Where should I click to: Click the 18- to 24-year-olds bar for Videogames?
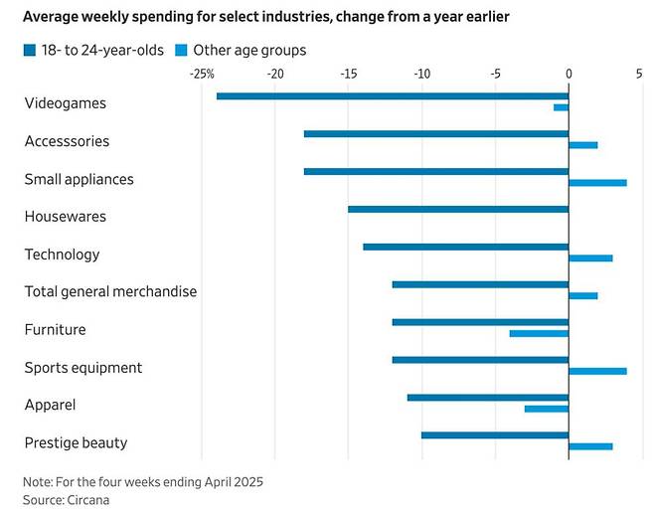pos(392,96)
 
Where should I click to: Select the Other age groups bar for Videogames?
pos(562,107)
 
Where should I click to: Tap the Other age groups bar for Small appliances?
pos(597,183)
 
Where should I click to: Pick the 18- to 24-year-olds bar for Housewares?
pos(458,209)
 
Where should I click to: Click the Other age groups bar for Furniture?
pos(539,333)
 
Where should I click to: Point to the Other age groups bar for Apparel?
pos(547,409)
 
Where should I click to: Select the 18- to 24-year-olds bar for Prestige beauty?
pos(495,434)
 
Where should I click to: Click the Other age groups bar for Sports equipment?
pos(597,371)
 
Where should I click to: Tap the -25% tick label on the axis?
pos(202,74)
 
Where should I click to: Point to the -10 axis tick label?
pos(421,74)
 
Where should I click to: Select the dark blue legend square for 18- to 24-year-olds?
pos(30,50)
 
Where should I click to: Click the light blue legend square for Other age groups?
pos(180,50)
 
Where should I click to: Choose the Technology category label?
pos(62,255)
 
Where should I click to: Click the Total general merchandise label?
pos(110,292)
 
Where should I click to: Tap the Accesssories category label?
pos(67,141)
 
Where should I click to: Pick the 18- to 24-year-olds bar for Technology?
pos(466,247)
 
